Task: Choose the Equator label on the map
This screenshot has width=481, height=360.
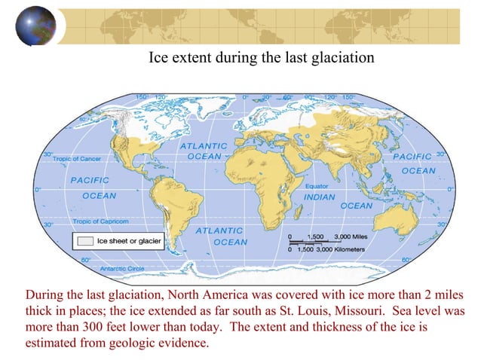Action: click(314, 185)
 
